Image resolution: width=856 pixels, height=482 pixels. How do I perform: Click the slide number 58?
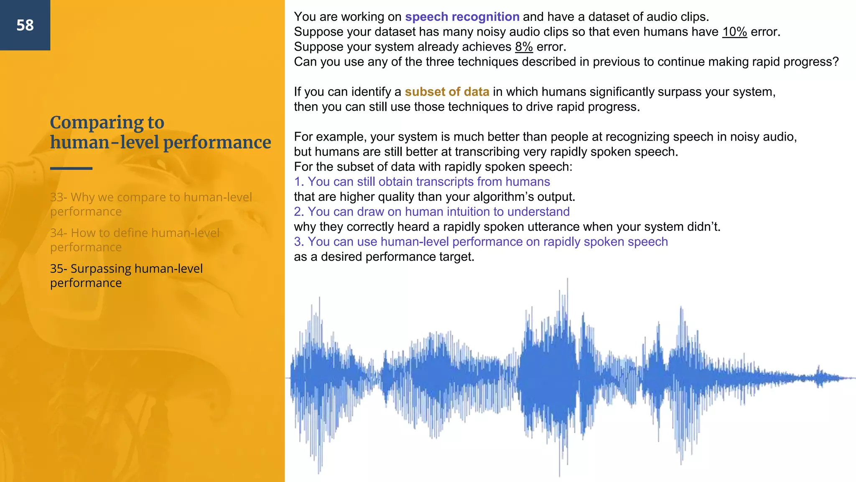tap(25, 26)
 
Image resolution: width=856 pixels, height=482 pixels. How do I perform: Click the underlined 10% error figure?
tap(734, 32)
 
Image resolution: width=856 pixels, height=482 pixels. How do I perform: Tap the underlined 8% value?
tap(524, 47)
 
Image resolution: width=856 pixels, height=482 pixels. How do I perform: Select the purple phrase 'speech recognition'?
tap(462, 17)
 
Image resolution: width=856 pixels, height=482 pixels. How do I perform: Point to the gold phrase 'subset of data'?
tap(447, 92)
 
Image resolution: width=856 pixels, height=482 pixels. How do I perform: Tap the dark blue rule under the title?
tap(71, 168)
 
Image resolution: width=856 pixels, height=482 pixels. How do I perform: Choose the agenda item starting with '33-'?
tap(150, 204)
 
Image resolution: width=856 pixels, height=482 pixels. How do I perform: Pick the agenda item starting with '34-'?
tap(135, 240)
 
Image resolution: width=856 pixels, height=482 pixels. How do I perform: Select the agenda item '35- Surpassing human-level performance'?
tap(126, 275)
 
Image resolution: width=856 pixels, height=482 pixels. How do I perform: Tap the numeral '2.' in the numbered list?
tap(299, 212)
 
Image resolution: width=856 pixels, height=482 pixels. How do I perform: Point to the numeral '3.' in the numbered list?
tap(299, 242)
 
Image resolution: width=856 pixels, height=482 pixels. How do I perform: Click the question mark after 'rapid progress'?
tap(835, 62)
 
